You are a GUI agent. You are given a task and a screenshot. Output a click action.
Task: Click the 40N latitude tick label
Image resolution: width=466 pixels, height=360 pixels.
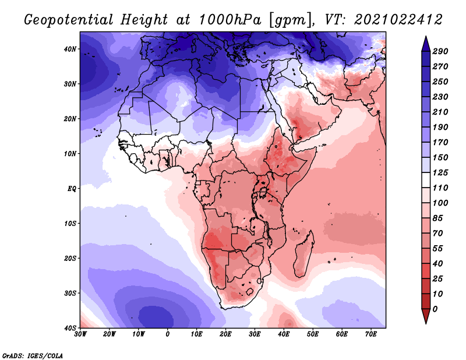(70, 49)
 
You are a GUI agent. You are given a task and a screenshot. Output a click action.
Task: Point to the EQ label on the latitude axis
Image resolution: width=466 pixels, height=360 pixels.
(72, 189)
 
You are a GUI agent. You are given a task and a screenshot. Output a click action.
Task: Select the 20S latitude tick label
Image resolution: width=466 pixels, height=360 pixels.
(70, 258)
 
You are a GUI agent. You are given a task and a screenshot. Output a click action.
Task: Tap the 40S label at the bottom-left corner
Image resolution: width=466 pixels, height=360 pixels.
(70, 328)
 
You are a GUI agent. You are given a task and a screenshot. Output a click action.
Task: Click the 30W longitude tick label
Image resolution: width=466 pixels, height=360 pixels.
(80, 334)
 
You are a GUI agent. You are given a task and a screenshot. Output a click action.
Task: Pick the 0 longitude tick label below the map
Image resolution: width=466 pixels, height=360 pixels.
(168, 334)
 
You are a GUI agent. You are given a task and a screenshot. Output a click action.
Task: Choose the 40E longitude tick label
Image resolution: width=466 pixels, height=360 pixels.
(284, 334)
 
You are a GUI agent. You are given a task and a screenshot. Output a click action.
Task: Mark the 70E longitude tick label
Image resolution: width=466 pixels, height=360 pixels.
(371, 334)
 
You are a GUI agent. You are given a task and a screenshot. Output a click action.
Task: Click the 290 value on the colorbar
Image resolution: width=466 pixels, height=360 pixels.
(440, 51)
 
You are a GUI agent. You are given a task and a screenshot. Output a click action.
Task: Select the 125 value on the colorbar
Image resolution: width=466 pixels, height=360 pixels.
(440, 172)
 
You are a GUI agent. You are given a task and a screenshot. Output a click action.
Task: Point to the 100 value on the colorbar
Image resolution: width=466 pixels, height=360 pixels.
(440, 203)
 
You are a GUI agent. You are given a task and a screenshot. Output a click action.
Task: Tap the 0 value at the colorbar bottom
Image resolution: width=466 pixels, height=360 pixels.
(435, 309)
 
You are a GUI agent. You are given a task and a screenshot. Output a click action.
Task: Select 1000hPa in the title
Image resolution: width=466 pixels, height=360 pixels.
(230, 20)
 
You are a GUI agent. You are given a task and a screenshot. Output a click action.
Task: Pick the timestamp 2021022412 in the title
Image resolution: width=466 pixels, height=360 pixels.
(398, 20)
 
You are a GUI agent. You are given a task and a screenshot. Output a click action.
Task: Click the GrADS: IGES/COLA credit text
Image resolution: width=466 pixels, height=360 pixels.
(33, 355)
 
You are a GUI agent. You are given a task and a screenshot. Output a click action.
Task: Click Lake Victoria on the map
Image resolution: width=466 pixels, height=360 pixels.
(263, 192)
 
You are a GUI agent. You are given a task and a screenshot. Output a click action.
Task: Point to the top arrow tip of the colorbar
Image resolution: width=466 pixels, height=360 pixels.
(426, 36)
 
